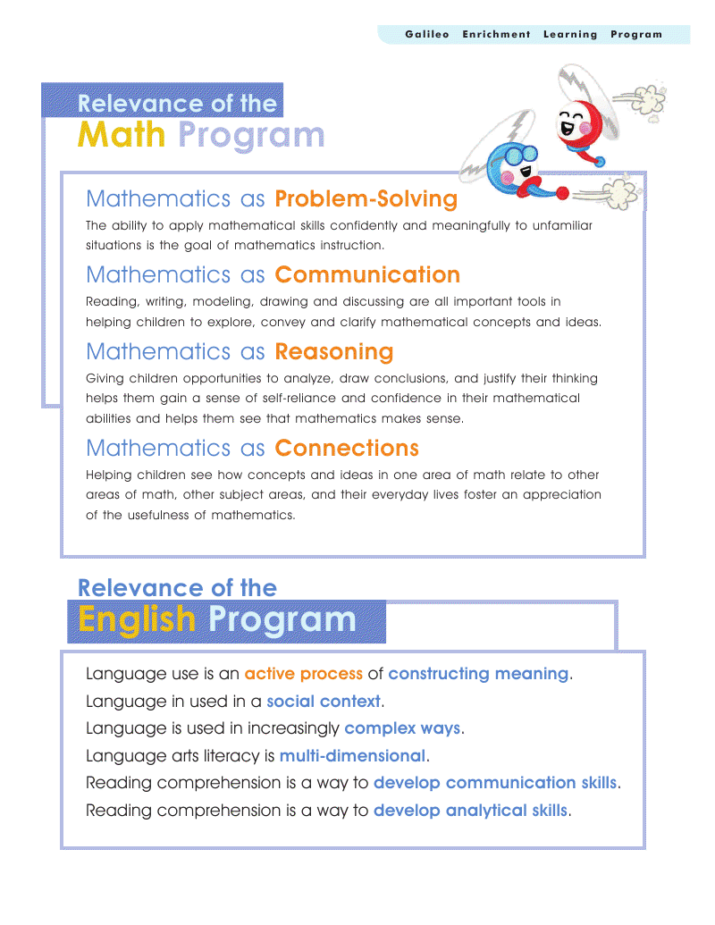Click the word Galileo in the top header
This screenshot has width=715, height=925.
tap(427, 35)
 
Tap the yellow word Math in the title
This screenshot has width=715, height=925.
tap(122, 135)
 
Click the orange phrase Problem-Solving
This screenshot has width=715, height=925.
tap(366, 198)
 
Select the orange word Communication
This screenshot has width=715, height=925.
tap(367, 274)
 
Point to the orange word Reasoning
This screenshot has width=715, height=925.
tap(334, 351)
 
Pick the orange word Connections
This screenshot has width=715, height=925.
tap(347, 448)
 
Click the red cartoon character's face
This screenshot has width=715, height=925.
tap(573, 122)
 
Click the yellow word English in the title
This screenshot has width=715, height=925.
tap(136, 619)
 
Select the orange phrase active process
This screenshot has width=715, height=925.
tap(304, 674)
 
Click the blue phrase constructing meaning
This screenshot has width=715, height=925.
tap(478, 674)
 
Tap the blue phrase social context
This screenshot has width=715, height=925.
tap(324, 702)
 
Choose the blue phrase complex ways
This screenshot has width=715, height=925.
tap(402, 728)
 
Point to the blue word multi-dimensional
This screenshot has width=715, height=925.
tap(352, 756)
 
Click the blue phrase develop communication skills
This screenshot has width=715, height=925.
tap(495, 783)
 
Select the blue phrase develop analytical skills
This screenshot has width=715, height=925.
tap(470, 811)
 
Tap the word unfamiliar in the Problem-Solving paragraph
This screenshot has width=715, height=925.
tap(563, 226)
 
